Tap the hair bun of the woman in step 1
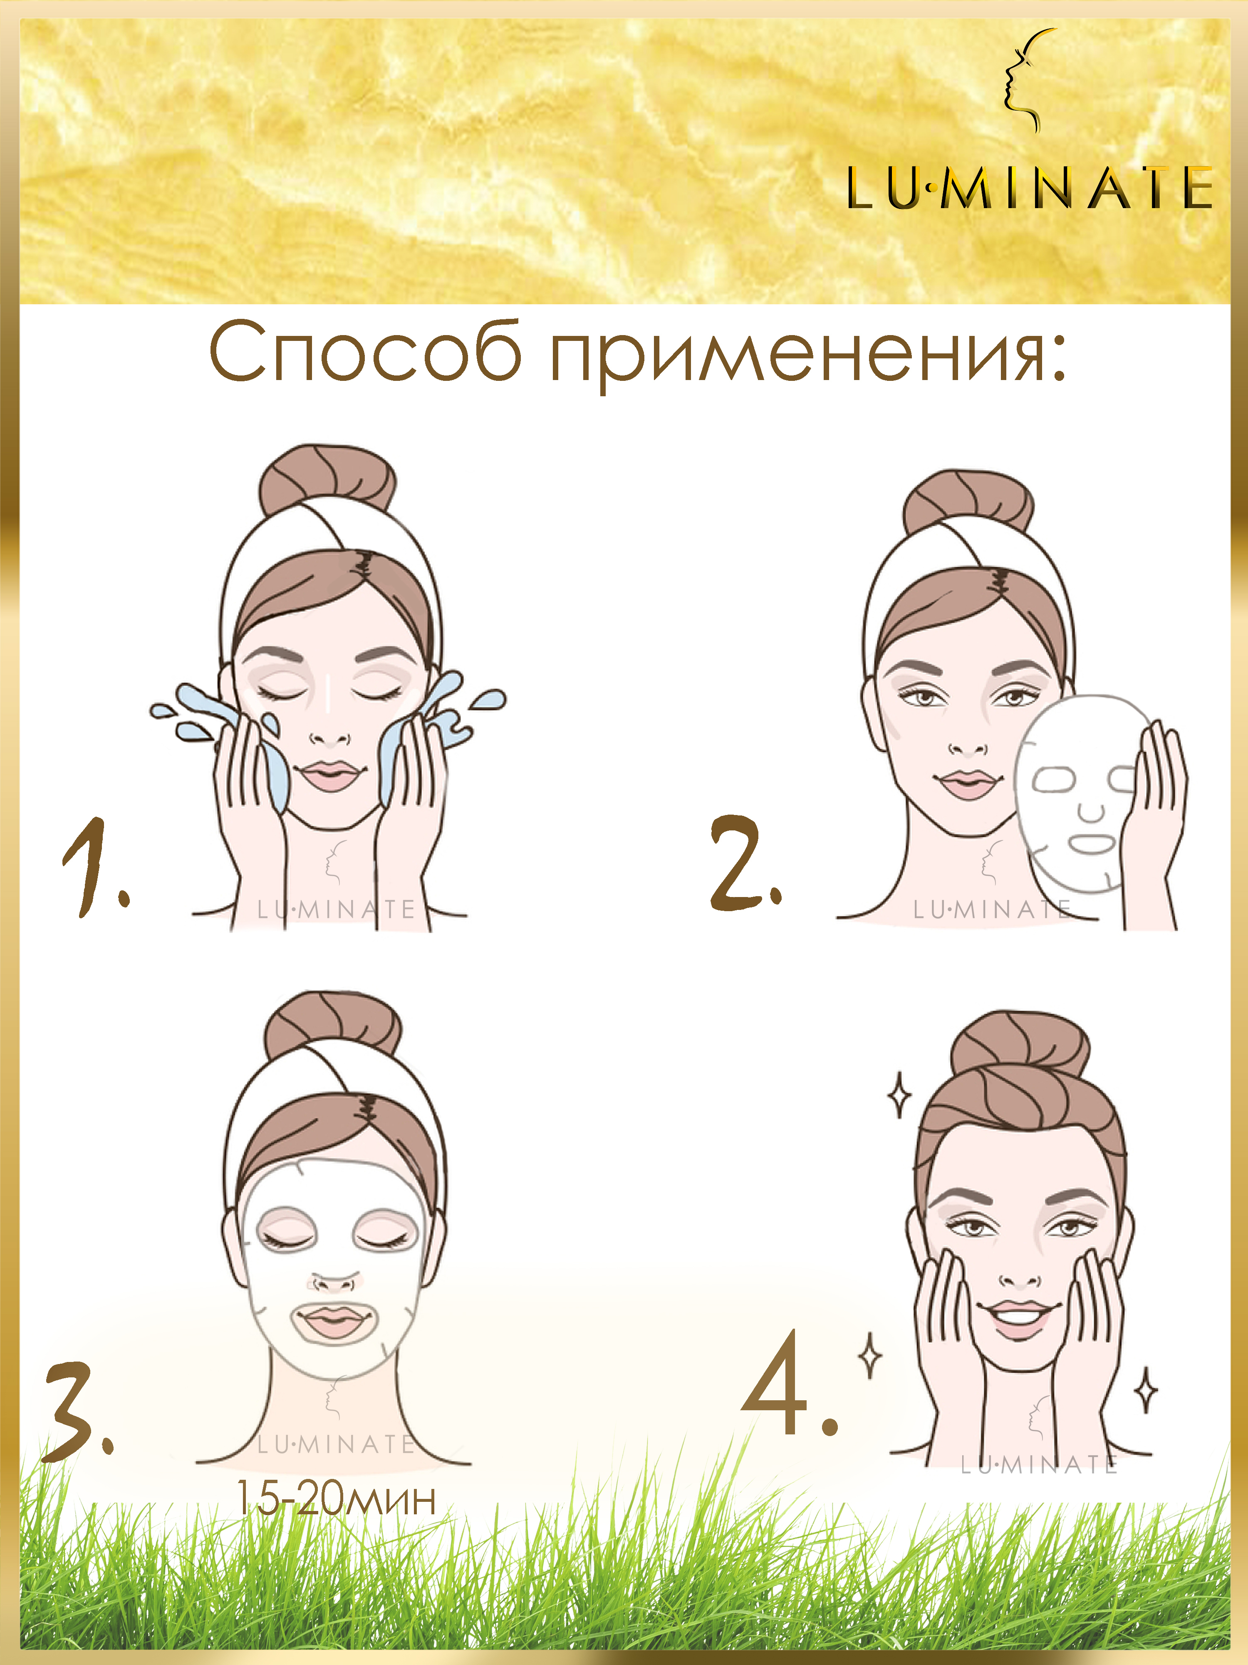point(328,479)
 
